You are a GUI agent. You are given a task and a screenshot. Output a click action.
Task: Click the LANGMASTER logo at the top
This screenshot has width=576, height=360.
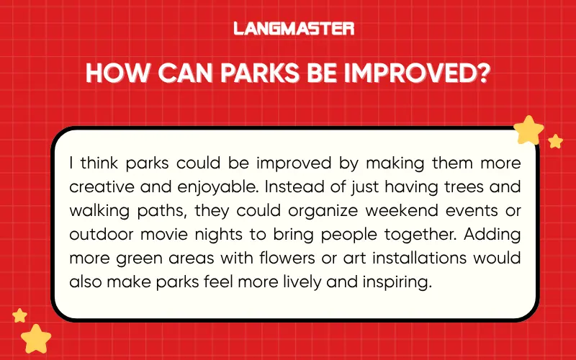294,29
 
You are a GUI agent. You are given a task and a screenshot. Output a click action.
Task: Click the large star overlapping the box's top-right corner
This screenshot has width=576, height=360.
529,130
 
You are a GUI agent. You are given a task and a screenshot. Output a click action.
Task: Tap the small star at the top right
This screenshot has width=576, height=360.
555,141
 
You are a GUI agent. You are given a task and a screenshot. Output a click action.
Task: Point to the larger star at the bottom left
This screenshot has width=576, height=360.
35,338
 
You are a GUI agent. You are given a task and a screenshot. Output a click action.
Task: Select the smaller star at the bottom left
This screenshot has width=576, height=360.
20,315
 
